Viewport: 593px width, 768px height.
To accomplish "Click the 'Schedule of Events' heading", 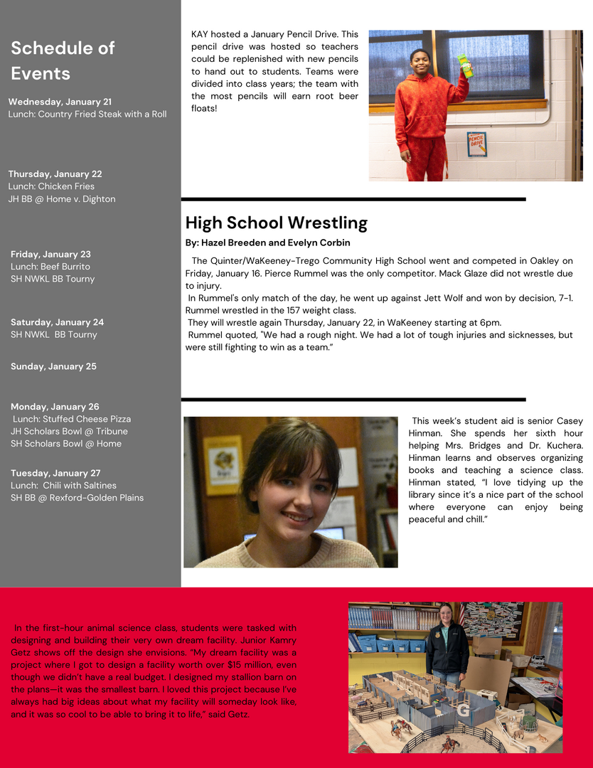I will tap(63, 60).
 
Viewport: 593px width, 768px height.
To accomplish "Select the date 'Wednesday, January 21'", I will tap(60, 102).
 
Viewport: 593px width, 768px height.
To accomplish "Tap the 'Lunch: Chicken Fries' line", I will tap(51, 186).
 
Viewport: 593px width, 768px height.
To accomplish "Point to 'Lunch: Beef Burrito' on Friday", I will tap(50, 267).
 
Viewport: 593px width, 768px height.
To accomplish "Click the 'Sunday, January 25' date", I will tap(53, 366).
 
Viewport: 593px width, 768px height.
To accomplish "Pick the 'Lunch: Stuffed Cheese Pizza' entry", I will tap(72, 419).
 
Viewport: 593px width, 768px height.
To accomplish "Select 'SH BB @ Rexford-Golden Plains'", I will tap(77, 498).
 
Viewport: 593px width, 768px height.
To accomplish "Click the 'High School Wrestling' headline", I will tap(276, 223).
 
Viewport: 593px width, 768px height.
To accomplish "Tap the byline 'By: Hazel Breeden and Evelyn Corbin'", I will tap(267, 242).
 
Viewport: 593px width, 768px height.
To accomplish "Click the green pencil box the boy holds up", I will tap(465, 66).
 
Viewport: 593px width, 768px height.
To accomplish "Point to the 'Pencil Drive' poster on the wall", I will tap(476, 143).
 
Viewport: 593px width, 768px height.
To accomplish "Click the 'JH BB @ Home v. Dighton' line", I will tap(61, 199).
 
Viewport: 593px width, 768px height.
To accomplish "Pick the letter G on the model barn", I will tap(464, 710).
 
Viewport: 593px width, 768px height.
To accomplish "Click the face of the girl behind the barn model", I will tap(446, 612).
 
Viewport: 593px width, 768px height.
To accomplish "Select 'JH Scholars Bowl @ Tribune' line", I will tap(69, 431).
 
